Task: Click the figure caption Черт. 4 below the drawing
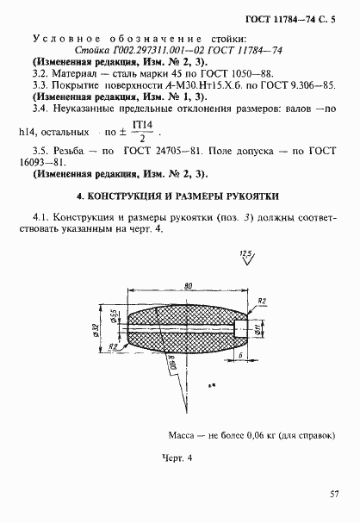pyautogui.click(x=175, y=457)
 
